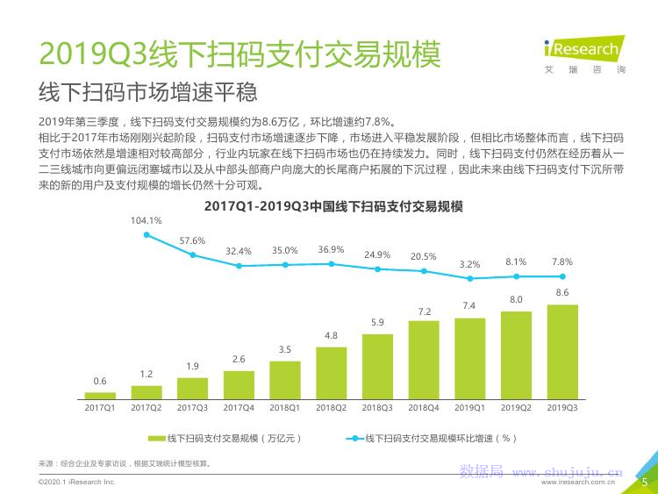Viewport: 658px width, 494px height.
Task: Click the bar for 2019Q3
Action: (561, 352)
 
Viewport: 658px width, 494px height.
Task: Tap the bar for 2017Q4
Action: (239, 384)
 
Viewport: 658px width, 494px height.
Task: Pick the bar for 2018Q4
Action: (423, 360)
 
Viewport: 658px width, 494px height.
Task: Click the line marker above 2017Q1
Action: (147, 235)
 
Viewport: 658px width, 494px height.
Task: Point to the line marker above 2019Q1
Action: (469, 278)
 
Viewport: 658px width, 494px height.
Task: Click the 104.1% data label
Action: (147, 220)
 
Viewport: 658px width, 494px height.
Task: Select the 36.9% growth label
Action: (331, 249)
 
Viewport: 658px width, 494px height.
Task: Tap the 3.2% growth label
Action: (469, 264)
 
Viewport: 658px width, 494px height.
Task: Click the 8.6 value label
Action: (561, 292)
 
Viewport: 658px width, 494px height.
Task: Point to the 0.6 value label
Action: (100, 381)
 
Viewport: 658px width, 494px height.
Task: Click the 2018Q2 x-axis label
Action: (331, 407)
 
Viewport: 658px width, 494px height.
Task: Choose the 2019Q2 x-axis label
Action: (516, 407)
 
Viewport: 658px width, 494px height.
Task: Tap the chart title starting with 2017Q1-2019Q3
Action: (333, 207)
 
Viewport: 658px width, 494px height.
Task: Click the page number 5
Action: (645, 482)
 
